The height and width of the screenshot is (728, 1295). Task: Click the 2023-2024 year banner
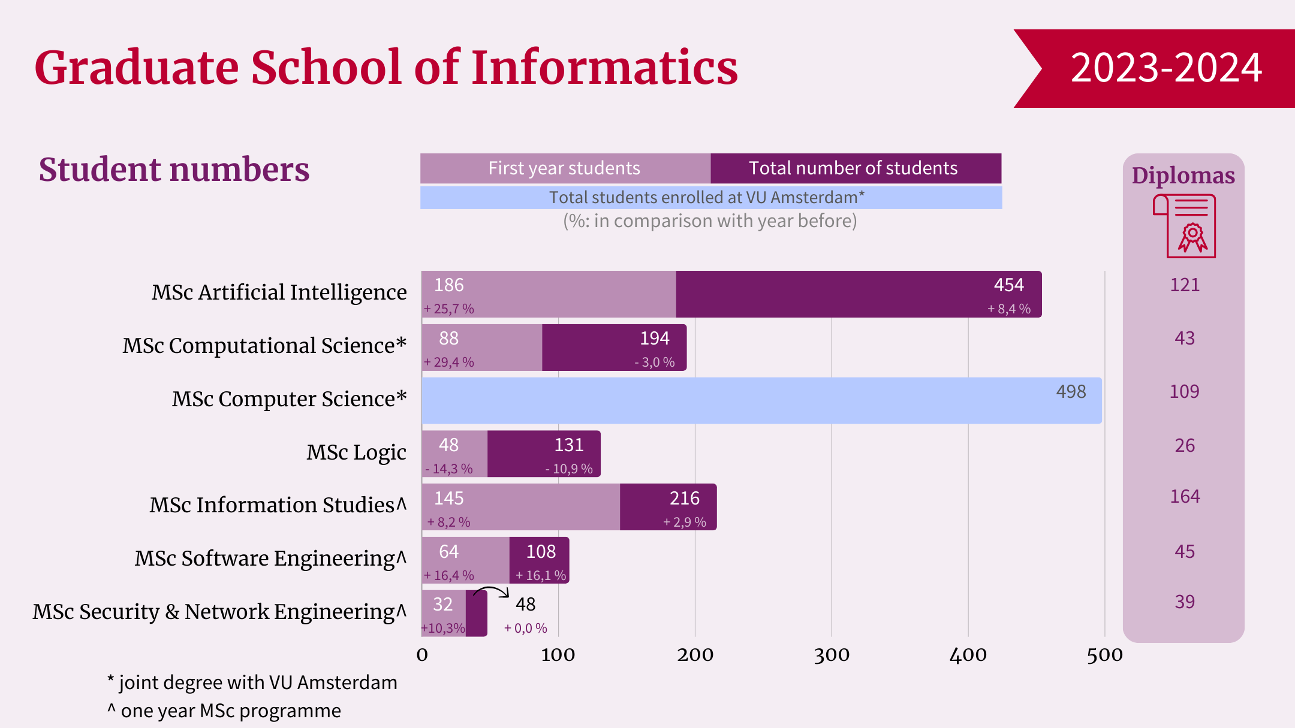click(1165, 68)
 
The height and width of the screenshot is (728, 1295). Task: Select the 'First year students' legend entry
click(564, 168)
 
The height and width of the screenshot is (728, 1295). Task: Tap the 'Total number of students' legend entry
click(853, 168)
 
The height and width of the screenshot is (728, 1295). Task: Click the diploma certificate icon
click(1185, 226)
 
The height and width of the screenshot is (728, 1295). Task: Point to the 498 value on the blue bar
click(1071, 392)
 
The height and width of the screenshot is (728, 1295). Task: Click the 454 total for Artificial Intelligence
click(1008, 285)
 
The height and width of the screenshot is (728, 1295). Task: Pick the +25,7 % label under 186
click(449, 309)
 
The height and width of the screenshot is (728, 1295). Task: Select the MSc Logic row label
click(356, 452)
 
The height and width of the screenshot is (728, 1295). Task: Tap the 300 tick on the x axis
click(832, 655)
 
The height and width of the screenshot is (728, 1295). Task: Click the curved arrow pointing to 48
click(491, 592)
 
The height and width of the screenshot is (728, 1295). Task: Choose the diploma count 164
click(1185, 497)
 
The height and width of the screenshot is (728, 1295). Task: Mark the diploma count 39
click(1185, 602)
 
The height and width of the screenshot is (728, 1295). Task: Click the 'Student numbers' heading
click(174, 170)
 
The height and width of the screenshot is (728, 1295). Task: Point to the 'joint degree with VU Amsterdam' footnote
click(252, 682)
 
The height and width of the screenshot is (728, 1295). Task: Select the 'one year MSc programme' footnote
click(225, 711)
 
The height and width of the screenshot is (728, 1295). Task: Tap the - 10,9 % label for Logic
click(569, 469)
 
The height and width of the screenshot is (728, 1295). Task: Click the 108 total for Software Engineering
click(541, 552)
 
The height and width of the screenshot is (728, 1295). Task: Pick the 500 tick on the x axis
click(1104, 655)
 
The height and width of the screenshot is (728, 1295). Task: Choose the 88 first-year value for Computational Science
click(448, 339)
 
